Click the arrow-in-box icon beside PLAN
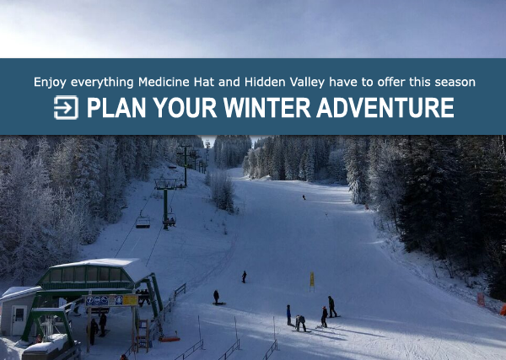coord(66,107)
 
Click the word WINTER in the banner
coord(266,108)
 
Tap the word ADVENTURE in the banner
coord(385,108)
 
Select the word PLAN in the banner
coord(116,108)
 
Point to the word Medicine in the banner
coord(164,82)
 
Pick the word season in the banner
coord(455,83)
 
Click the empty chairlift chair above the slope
coord(143,221)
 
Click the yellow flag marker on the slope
coord(312,279)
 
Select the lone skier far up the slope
coord(304,197)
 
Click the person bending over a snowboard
coord(301,323)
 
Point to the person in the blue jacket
coord(288,315)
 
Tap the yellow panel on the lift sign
coord(130,300)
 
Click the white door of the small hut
coord(19,320)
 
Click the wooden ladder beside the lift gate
coord(143,335)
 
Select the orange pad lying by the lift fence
coord(170,339)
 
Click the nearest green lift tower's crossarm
coord(165,184)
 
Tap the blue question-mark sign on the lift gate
coord(89,301)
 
